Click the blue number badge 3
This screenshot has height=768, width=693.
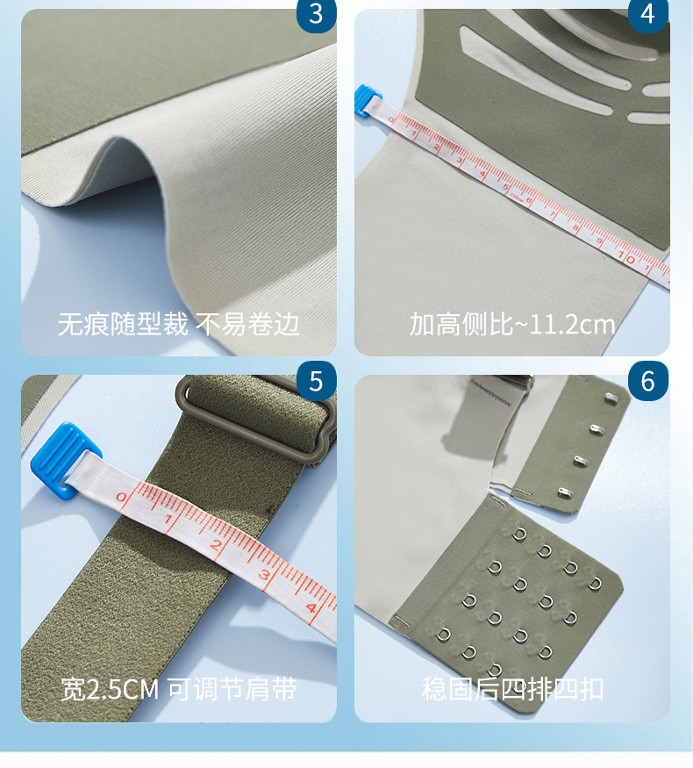tap(316, 14)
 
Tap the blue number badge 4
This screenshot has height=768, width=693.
tap(648, 14)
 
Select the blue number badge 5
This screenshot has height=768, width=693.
tap(316, 381)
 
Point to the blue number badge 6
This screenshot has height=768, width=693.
tap(648, 381)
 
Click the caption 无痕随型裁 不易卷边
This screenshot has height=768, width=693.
tap(179, 324)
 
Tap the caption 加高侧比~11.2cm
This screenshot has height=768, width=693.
tap(512, 324)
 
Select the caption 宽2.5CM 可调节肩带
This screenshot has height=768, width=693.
tap(179, 689)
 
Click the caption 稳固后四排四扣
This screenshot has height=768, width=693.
tap(512, 689)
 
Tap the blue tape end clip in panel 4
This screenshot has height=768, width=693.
tap(367, 100)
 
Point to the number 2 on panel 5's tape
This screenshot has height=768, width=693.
tap(217, 545)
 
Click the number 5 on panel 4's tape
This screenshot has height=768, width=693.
tap(506, 187)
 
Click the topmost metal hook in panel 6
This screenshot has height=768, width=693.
tap(611, 397)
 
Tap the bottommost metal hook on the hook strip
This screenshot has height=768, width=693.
tap(565, 492)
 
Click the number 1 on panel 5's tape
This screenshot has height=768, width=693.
tap(168, 520)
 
